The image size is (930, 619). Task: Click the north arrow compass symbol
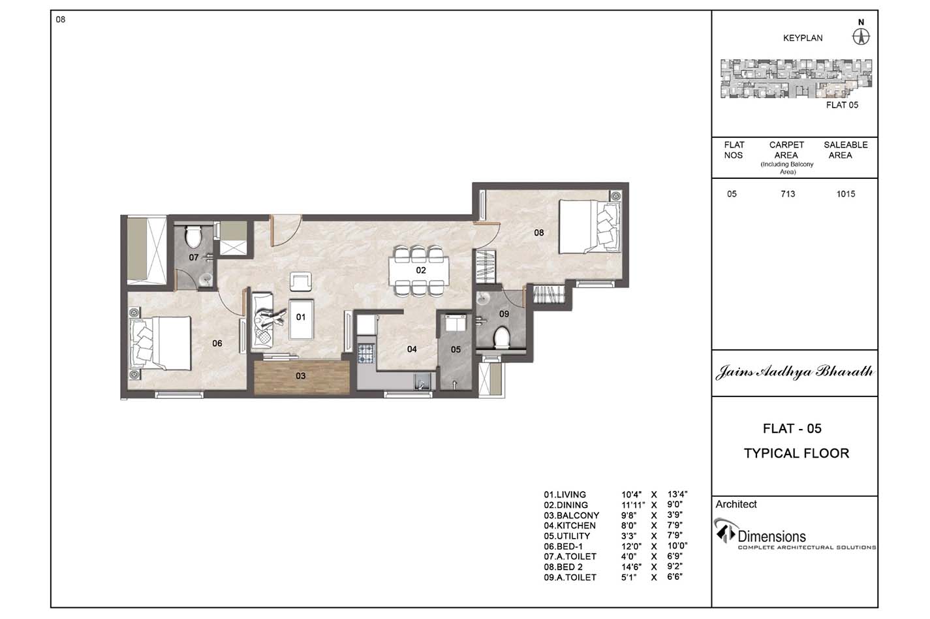pos(861,37)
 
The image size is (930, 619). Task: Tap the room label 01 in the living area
pos(301,317)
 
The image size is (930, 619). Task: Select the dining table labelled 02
pos(418,270)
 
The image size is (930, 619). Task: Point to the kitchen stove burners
pos(365,353)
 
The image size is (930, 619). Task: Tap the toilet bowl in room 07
pos(193,236)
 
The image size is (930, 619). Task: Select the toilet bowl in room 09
pos(502,338)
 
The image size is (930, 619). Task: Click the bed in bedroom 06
pos(161,343)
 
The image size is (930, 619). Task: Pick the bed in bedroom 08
pos(590,227)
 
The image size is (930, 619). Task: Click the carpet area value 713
pos(788,194)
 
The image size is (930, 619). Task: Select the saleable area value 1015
pos(846,194)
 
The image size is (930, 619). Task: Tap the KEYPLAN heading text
pos(803,39)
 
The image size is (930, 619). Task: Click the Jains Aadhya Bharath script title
pos(794,372)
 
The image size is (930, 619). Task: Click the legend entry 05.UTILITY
pos(566,536)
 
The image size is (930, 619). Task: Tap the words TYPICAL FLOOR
pos(796,453)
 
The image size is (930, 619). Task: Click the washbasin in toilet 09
pos(482,298)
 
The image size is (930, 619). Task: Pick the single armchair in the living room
pos(301,281)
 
